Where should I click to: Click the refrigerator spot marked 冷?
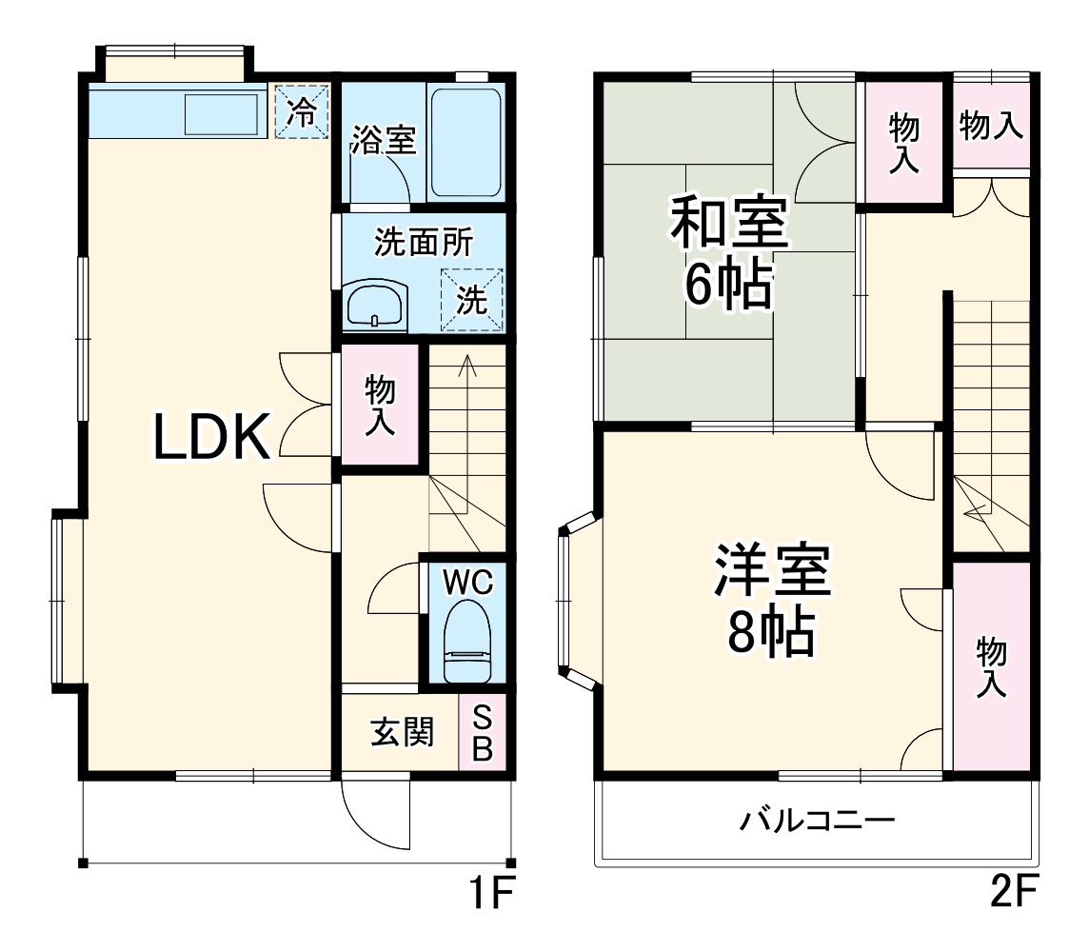pos(302,111)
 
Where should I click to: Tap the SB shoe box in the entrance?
pos(482,734)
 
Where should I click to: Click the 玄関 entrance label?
pos(402,733)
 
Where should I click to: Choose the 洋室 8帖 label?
pos(771,600)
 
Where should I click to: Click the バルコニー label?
pos(818,820)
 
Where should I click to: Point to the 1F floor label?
pos(491,895)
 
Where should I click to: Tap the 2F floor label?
pos(1011,895)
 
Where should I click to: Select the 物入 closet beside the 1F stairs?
pos(380,406)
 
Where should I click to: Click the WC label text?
pos(467,582)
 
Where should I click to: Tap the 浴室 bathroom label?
pos(383,141)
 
